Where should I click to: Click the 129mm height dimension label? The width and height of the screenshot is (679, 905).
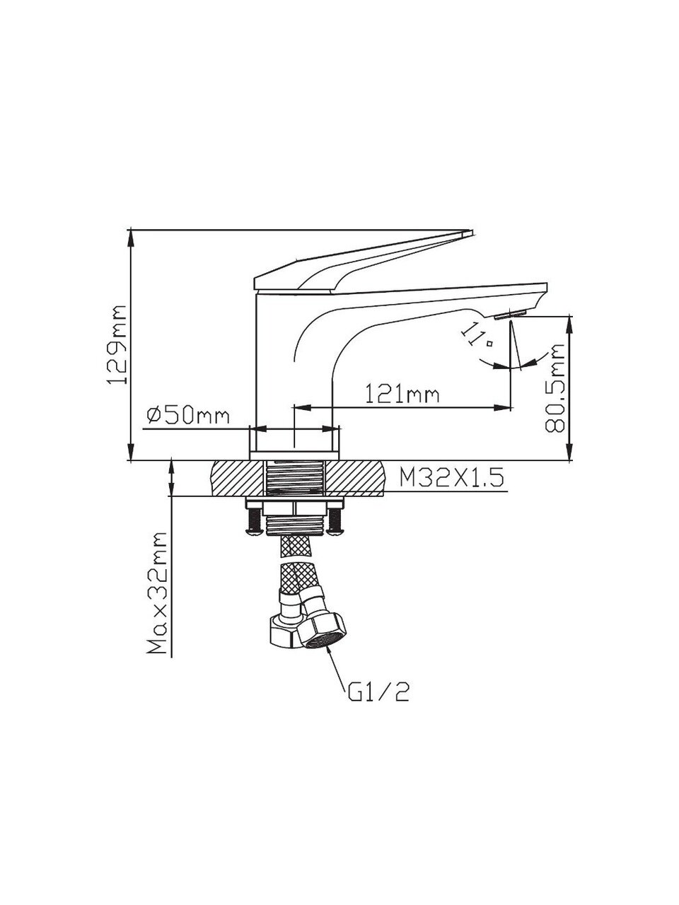coord(117,345)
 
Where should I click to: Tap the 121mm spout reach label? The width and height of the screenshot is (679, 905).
coord(402,395)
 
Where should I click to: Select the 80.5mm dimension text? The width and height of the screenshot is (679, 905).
coord(554,388)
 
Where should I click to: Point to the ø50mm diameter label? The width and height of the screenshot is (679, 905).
coord(188,415)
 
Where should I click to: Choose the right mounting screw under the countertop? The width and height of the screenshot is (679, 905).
coord(335,521)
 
